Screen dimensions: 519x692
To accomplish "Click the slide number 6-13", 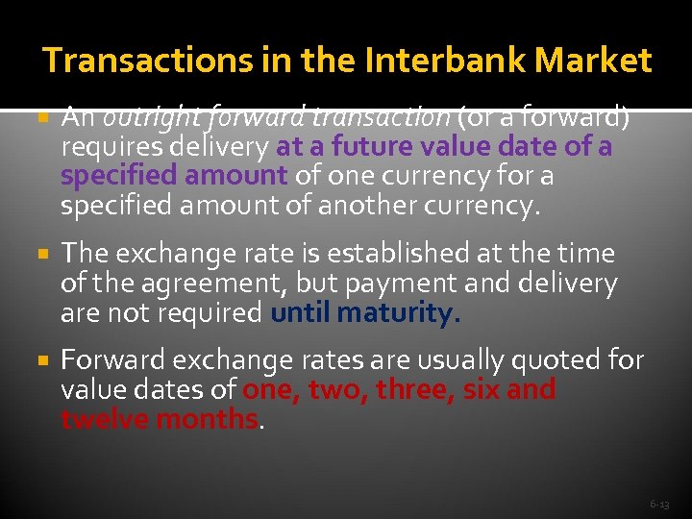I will tap(658, 504).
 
